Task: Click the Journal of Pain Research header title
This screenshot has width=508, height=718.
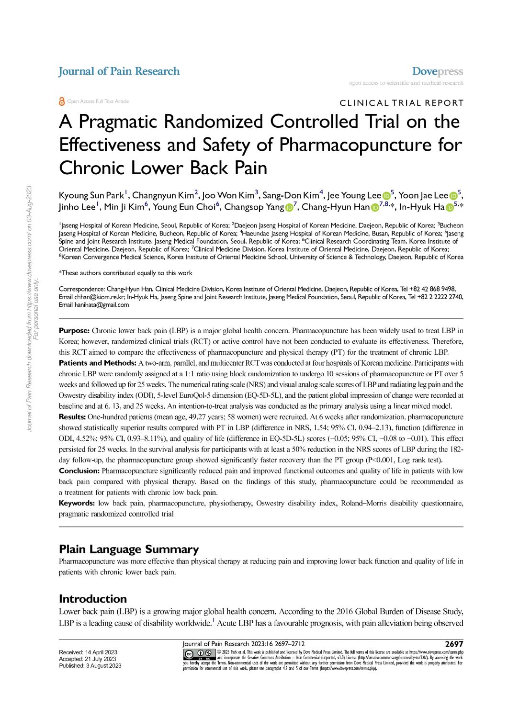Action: pyautogui.click(x=119, y=71)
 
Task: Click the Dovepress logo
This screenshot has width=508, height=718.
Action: pyautogui.click(x=437, y=71)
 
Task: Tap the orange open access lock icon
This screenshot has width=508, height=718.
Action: pyautogui.click(x=62, y=101)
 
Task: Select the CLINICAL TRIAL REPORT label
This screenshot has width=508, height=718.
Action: pyautogui.click(x=401, y=103)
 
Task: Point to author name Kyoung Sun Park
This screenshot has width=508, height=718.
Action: pyautogui.click(x=91, y=195)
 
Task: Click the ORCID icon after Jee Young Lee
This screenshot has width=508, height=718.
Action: pyautogui.click(x=386, y=196)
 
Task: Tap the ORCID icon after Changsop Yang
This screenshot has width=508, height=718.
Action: pyautogui.click(x=289, y=207)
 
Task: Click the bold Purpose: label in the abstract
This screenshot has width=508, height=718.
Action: pyautogui.click(x=74, y=331)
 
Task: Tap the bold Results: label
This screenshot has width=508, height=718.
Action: pyautogui.click(x=72, y=417)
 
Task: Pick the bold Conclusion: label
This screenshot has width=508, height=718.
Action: pyautogui.click(x=79, y=471)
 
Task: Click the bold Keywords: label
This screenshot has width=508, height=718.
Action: pyautogui.click(x=77, y=503)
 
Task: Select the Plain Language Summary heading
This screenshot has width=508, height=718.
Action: pyautogui.click(x=128, y=549)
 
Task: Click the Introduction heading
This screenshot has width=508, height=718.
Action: pyautogui.click(x=92, y=599)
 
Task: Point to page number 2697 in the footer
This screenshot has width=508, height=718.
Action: pyautogui.click(x=454, y=644)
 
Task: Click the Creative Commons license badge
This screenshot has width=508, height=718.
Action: pyautogui.click(x=199, y=654)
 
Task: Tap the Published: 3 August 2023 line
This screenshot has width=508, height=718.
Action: pyautogui.click(x=90, y=666)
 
